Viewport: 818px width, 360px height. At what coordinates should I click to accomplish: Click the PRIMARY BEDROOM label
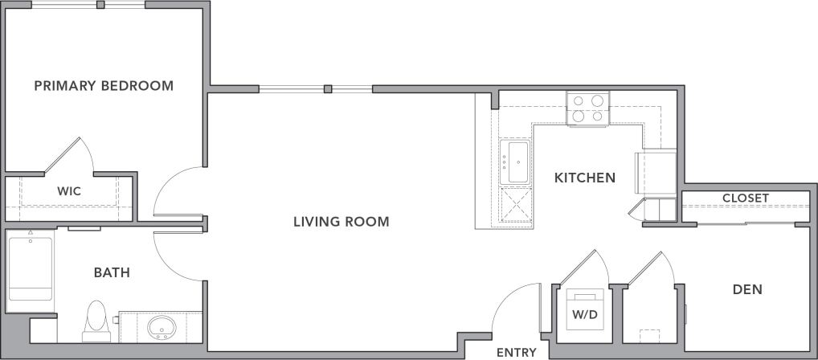[x=104, y=85]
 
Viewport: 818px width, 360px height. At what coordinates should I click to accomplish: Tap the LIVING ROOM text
[x=341, y=222]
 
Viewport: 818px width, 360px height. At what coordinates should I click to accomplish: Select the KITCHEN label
[x=585, y=178]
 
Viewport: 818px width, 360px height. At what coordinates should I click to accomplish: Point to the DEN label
[x=747, y=289]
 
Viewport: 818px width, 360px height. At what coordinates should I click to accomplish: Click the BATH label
[x=112, y=273]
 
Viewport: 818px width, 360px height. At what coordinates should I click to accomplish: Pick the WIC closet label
[x=68, y=191]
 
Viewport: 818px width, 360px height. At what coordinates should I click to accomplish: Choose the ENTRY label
[x=516, y=352]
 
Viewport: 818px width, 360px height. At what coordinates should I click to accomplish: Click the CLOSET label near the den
[x=745, y=198]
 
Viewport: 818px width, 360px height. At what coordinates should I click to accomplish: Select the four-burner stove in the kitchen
[x=587, y=108]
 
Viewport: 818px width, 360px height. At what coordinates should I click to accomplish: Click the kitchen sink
[x=514, y=162]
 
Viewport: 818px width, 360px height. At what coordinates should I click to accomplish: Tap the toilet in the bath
[x=96, y=317]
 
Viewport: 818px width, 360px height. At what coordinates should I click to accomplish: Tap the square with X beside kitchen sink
[x=514, y=204]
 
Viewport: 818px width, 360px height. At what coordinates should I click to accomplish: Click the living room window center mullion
[x=328, y=88]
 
